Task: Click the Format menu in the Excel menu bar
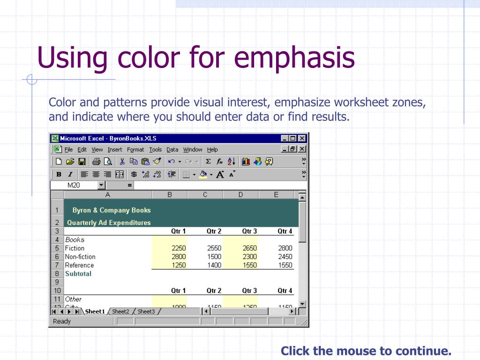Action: [x=135, y=150]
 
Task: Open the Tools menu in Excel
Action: [x=155, y=150]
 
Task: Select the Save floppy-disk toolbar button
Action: [x=82, y=162]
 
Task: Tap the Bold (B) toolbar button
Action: [x=59, y=174]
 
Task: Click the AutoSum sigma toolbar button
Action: [x=208, y=162]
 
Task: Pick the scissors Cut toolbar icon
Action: [x=122, y=162]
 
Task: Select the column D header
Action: [x=240, y=195]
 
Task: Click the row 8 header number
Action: [x=57, y=274]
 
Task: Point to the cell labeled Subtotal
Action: [x=78, y=274]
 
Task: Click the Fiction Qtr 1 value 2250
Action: [x=179, y=248]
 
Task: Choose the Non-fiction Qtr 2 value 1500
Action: [x=214, y=257]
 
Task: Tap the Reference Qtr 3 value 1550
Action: [x=249, y=265]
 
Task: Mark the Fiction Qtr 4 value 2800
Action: [x=285, y=248]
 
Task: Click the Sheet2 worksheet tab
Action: [x=120, y=312]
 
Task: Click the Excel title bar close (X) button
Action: [x=302, y=139]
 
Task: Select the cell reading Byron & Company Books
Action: [x=112, y=210]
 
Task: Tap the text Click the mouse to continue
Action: [x=366, y=351]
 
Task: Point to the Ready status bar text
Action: [x=62, y=322]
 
